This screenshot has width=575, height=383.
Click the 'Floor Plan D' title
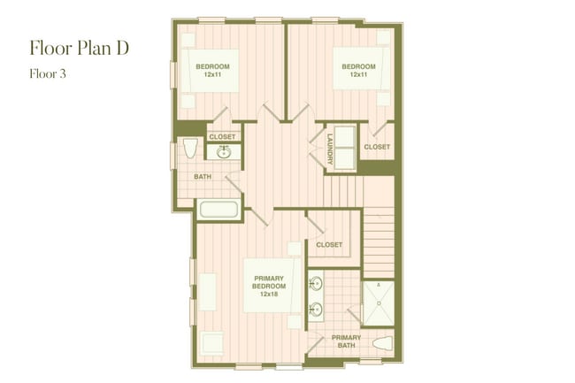pos(80,47)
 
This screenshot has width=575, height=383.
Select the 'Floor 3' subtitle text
pos(48,74)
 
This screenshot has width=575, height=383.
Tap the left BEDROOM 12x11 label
pos(212,71)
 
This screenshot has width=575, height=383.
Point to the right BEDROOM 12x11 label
pos(358,71)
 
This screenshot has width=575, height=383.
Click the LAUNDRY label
pos(329,148)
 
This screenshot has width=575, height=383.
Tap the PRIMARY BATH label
pos(346,341)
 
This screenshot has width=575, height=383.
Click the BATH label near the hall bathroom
pos(203,177)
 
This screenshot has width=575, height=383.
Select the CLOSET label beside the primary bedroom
pos(329,245)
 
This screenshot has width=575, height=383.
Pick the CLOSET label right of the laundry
pos(377,147)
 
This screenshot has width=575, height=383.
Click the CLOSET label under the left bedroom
pos(222,137)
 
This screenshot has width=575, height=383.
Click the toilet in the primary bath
pos(382,344)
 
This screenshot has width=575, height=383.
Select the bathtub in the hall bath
pos(218,211)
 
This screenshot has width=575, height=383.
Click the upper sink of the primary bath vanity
pos(317,285)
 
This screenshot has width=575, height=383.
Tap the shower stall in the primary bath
pos(379,303)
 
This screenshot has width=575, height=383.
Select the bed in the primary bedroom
pos(268,287)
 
